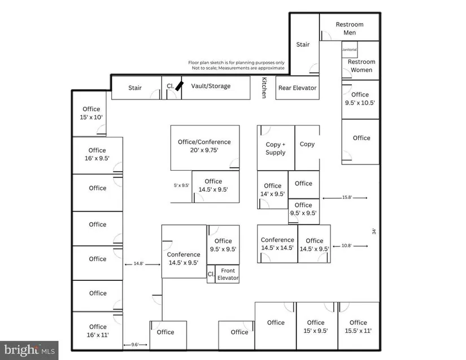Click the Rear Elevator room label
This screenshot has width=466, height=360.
297,88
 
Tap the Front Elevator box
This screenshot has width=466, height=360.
228,274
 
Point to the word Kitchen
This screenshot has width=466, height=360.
263,88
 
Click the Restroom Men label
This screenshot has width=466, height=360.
350,28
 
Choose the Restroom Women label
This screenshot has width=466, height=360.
362,66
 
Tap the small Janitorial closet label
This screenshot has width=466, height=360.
350,50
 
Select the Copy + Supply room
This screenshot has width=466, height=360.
276,148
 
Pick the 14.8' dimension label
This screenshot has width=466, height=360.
138,263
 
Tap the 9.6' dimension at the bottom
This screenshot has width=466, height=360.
136,344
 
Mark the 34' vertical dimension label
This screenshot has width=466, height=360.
373,231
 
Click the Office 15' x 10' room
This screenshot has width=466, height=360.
91,113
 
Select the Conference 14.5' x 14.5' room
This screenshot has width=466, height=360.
277,244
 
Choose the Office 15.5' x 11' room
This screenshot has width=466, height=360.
358,327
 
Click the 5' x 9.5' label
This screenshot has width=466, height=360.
181,185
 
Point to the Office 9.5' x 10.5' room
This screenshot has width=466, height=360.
360,99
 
